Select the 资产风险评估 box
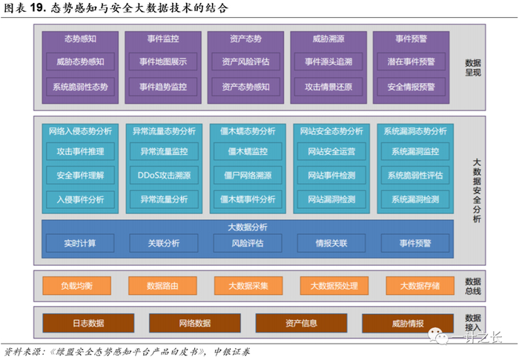[x=246, y=62]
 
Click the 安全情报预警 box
[x=411, y=87]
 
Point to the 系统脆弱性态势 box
[x=80, y=87]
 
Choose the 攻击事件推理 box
[x=80, y=152]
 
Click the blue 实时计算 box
[x=80, y=242]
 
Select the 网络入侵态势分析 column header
[x=80, y=131]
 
